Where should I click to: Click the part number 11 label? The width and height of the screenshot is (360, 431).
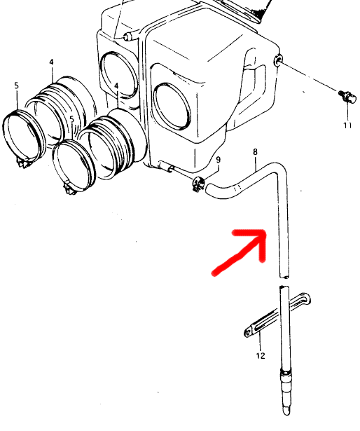[x=347, y=125]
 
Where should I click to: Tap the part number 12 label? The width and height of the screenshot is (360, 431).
[x=261, y=356]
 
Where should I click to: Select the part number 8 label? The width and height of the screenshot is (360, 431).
[x=256, y=152]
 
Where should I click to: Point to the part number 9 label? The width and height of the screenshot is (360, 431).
[x=219, y=160]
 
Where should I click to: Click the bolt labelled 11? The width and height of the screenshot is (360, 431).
[x=347, y=96]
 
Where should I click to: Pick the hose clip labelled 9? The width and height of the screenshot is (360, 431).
[x=198, y=184]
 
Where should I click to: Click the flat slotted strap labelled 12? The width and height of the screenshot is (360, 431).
[x=277, y=315]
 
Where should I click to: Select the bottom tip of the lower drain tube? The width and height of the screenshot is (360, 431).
[x=286, y=413]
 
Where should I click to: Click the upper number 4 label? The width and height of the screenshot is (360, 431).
[x=52, y=62]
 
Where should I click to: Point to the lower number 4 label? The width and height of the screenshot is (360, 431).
[x=116, y=86]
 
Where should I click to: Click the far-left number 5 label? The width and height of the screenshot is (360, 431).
[x=17, y=85]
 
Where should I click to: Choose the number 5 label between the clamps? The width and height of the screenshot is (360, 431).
[x=72, y=120]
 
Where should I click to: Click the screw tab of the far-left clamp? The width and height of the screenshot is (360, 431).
[x=23, y=163]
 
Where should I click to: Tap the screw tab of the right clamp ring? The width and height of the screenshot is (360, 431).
[x=70, y=189]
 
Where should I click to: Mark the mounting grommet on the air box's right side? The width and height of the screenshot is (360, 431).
[x=277, y=60]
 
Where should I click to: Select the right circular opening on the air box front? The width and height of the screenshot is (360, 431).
[x=172, y=106]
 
